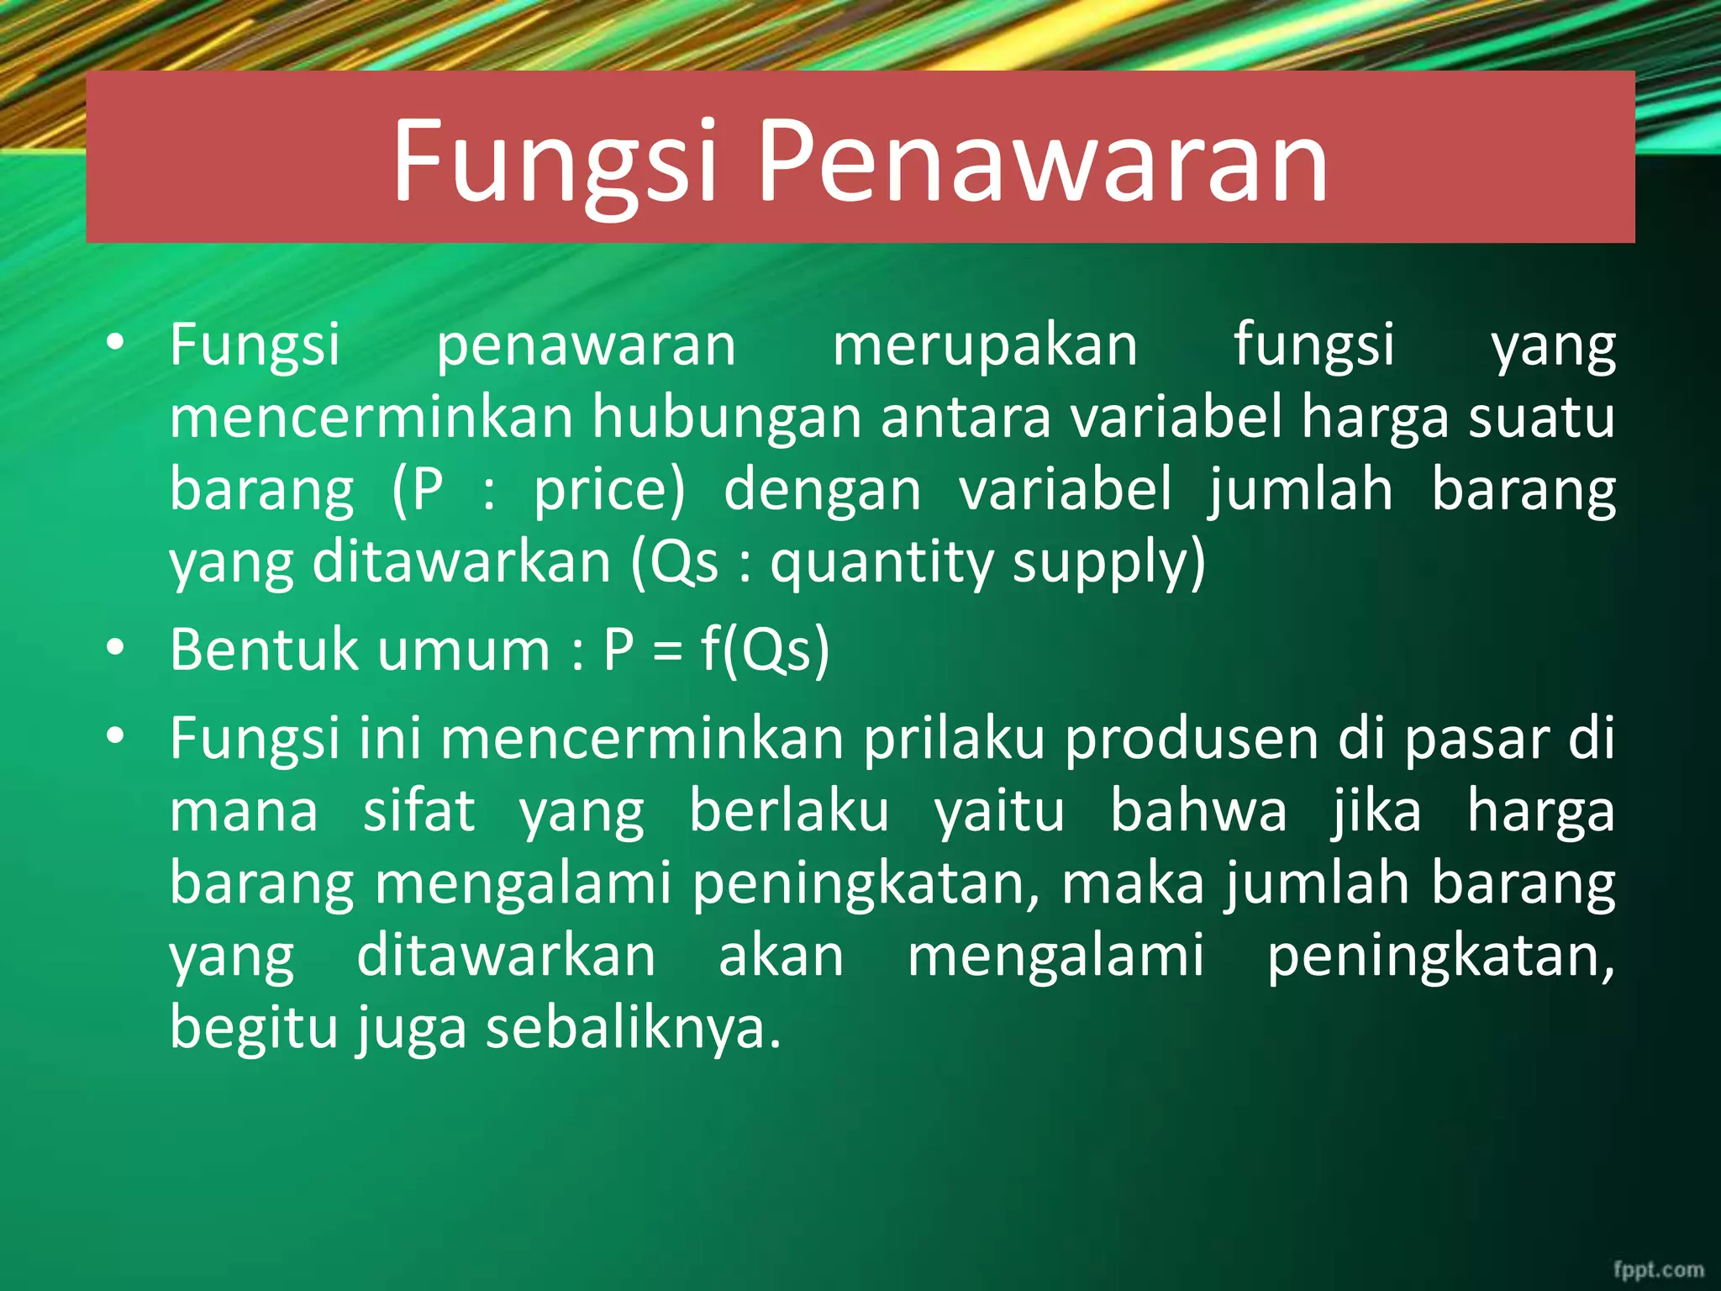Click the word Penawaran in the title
(1043, 161)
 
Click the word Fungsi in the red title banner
(555, 161)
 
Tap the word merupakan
(985, 345)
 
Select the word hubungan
(727, 418)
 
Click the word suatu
(1541, 418)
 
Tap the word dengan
(823, 490)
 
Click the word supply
(1108, 562)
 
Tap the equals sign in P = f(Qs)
(667, 651)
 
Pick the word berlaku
(789, 811)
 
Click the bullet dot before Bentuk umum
(116, 648)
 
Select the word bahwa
(1199, 811)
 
